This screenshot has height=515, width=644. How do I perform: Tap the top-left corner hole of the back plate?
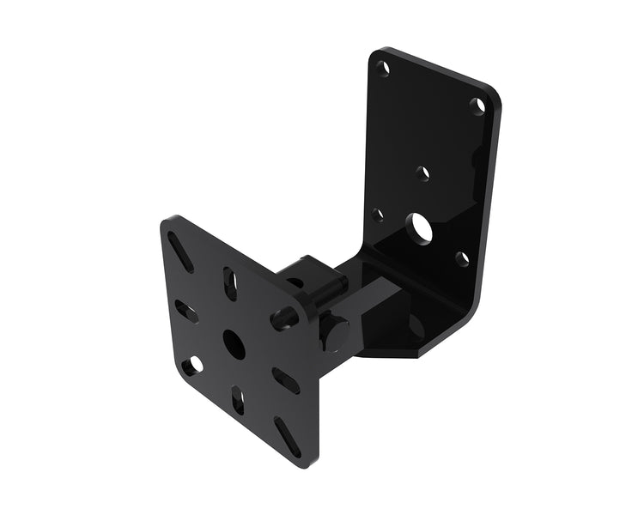(383, 66)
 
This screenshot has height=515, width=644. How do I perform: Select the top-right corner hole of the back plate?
(477, 106)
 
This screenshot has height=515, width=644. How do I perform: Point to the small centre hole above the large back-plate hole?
(422, 173)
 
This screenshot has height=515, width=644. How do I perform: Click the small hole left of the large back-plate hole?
(378, 214)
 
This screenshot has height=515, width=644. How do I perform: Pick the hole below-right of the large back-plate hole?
(462, 257)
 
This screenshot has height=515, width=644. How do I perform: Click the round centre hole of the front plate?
(234, 344)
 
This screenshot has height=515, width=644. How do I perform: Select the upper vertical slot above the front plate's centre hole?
(231, 283)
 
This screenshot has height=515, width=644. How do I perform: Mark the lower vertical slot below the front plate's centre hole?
(237, 401)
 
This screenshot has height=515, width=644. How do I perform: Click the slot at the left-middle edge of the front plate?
(186, 312)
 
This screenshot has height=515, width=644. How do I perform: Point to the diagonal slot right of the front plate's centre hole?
(285, 380)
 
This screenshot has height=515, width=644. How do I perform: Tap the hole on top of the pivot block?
(295, 282)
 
